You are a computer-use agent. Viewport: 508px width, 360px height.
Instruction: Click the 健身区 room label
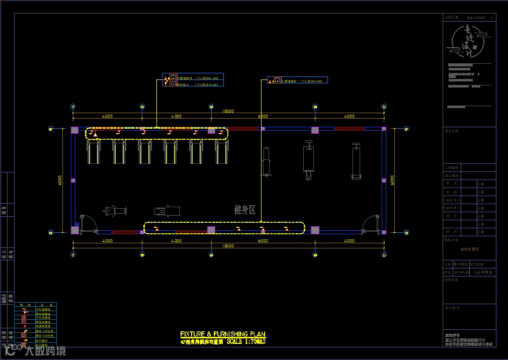pyautogui.click(x=245, y=210)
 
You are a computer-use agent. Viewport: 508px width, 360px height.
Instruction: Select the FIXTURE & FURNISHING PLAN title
pyautogui.click(x=222, y=334)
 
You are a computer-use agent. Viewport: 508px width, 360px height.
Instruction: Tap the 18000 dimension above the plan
pyautogui.click(x=228, y=111)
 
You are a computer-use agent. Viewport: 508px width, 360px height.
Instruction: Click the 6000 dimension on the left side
pyautogui.click(x=60, y=179)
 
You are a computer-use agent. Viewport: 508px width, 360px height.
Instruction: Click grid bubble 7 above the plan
pyautogui.click(x=73, y=107)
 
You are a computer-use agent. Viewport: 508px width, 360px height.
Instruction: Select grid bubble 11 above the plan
pyautogui.click(x=384, y=107)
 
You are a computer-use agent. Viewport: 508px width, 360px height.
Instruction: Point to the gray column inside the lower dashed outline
pyautogui.click(x=211, y=230)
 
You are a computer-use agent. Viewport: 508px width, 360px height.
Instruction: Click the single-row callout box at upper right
pyautogui.click(x=297, y=80)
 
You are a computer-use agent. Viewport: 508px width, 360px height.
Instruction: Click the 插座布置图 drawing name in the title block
pyautogui.click(x=469, y=249)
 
